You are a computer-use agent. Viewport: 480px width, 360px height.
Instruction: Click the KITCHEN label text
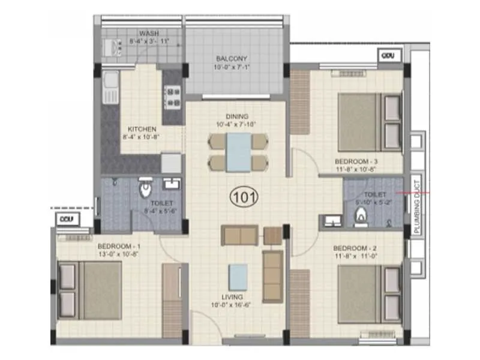142,128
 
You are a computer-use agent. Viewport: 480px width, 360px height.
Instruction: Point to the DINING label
238,116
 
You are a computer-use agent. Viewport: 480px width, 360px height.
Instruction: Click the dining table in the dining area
238,152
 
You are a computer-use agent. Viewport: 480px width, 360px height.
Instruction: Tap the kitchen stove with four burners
173,97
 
